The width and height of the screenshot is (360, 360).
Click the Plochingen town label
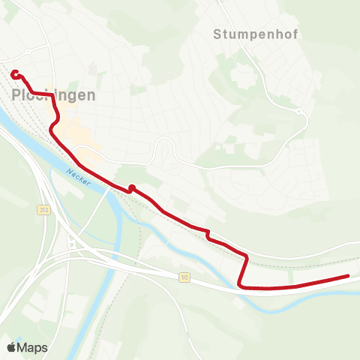tap(54, 95)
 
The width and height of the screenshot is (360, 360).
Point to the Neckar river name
tap(78, 178)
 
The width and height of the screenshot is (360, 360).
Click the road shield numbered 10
tap(184, 277)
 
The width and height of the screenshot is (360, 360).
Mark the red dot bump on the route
tap(131, 187)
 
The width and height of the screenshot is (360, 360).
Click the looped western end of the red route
tap(15, 73)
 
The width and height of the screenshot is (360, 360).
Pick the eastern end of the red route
tap(348, 276)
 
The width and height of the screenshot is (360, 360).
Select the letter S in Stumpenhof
tap(217, 34)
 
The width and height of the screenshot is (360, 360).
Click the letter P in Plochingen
tap(17, 95)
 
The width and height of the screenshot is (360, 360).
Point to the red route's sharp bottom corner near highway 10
tap(239, 284)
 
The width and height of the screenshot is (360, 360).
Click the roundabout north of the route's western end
tap(28, 51)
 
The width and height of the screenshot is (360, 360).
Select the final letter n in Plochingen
tap(91, 95)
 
